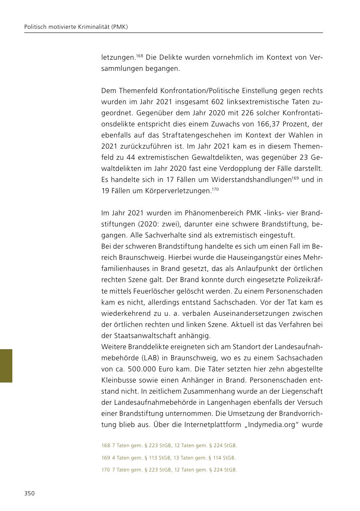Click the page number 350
tap(29, 494)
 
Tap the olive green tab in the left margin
tap(6, 366)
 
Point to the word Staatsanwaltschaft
tap(145, 335)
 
